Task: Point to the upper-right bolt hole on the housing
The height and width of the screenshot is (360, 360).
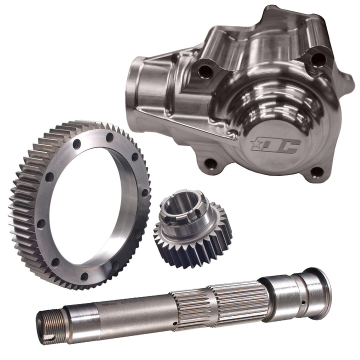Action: (x=318, y=59)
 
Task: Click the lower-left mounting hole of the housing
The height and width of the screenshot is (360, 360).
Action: (x=212, y=163)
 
